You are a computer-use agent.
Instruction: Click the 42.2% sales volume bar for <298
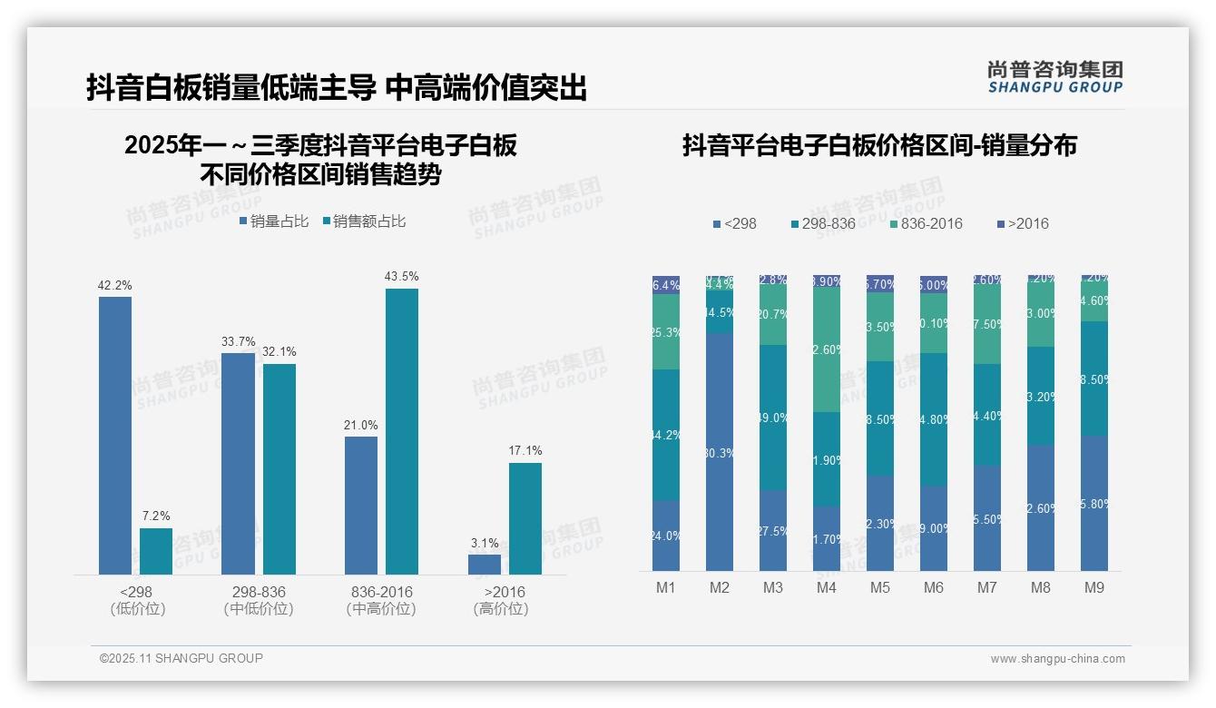[115, 436]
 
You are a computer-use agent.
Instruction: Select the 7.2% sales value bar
[156, 551]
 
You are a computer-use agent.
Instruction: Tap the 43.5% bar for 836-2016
[402, 431]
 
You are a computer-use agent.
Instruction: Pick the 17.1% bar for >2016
[525, 518]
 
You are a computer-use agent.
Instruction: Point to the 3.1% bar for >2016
[485, 564]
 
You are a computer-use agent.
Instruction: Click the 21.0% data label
[361, 425]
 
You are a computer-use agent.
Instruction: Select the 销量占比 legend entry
[274, 221]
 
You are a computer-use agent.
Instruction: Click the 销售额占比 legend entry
[364, 221]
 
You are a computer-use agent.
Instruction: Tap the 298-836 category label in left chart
[259, 592]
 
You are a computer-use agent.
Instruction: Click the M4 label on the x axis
[826, 587]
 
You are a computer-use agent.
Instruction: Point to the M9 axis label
[1094, 587]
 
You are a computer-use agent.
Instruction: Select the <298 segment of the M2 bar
[719, 451]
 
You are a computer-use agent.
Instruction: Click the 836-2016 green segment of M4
[826, 349]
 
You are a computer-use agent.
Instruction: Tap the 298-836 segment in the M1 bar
[666, 435]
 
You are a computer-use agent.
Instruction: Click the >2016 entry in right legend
[1023, 223]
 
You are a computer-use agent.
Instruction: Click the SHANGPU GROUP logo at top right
[1054, 76]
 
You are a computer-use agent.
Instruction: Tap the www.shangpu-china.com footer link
[1057, 659]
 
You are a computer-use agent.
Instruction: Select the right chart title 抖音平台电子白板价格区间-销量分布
[879, 145]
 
